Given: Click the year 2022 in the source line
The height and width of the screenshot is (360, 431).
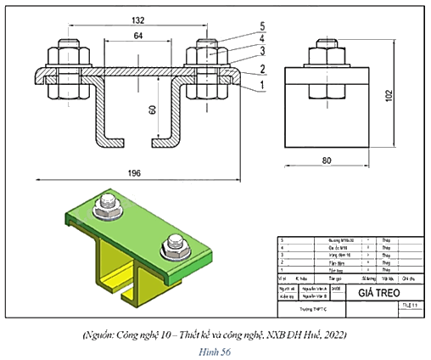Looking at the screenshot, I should pyautogui.click(x=338, y=335).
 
